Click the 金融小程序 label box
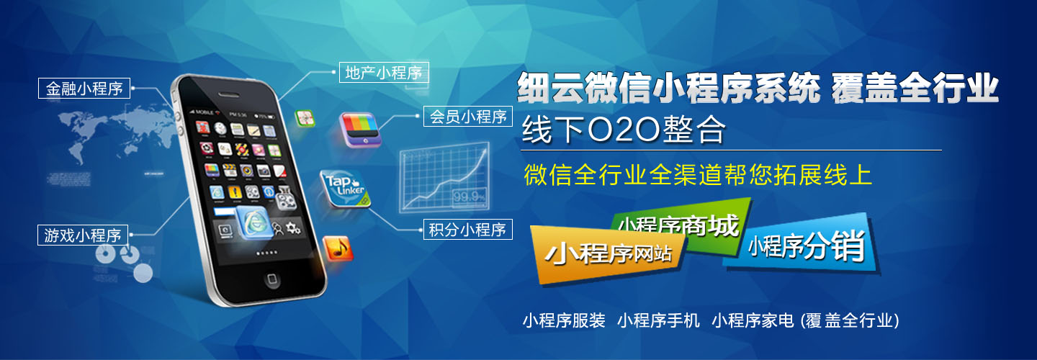[84, 89]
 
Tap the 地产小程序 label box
[384, 72]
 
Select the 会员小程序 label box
[468, 116]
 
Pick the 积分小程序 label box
[467, 229]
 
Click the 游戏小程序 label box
[82, 235]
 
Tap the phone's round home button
[271, 279]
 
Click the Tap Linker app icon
[346, 189]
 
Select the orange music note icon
[338, 248]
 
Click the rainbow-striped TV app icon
[360, 129]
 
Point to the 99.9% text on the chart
[469, 196]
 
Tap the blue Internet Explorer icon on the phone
[254, 222]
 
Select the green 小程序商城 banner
[681, 227]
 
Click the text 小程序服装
[564, 320]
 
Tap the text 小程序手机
[658, 320]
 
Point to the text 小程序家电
[753, 320]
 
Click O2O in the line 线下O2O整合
[624, 130]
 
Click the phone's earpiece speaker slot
[229, 95]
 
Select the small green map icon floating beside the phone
[305, 119]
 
